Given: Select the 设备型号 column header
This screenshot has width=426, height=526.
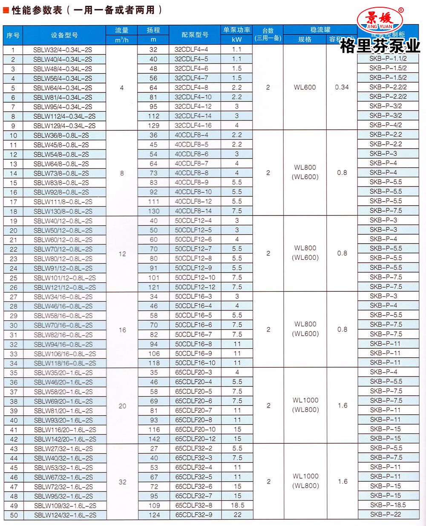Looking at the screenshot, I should coord(64,35).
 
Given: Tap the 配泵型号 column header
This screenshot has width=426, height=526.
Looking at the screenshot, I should coord(195,35).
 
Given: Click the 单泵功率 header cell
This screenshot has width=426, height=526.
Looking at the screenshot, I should coord(237,30).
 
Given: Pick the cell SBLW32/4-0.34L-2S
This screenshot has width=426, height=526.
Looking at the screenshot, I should coord(63,49).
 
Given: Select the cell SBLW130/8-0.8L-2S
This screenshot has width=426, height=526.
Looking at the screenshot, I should coord(63,211).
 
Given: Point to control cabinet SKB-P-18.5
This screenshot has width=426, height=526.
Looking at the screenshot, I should coord(388,505).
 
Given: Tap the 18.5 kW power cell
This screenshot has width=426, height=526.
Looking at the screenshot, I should coord(237,505).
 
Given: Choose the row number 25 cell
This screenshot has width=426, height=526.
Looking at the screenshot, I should coord(13,278).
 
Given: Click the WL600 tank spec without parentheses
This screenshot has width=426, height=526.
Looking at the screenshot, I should coord(305,87).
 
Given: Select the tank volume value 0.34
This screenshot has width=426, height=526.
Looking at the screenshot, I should coord(342,87).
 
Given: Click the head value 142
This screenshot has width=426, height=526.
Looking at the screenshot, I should coord(154,439).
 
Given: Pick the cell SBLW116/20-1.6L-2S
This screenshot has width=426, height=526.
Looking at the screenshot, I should coord(65,429).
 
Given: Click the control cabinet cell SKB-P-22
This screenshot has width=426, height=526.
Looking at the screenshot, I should coord(386,515).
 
